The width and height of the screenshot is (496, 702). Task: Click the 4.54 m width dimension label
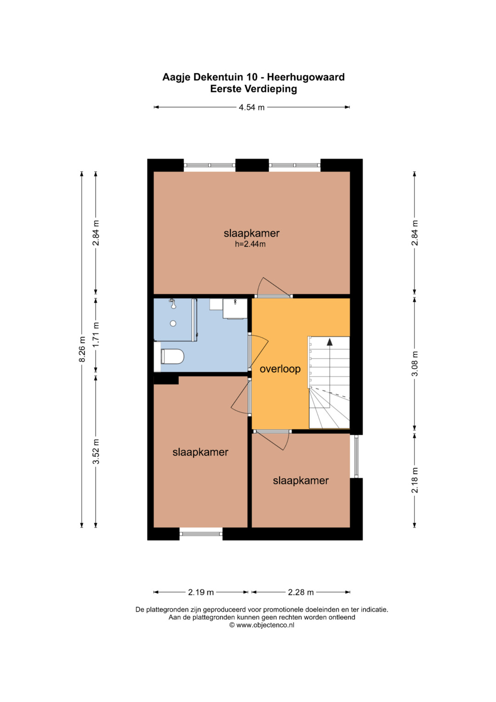252,108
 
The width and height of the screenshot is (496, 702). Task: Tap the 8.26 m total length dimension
82,349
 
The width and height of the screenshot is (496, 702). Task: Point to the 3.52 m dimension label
96,451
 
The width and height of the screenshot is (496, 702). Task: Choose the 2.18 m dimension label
415,480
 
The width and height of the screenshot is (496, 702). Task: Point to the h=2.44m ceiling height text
250,244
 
